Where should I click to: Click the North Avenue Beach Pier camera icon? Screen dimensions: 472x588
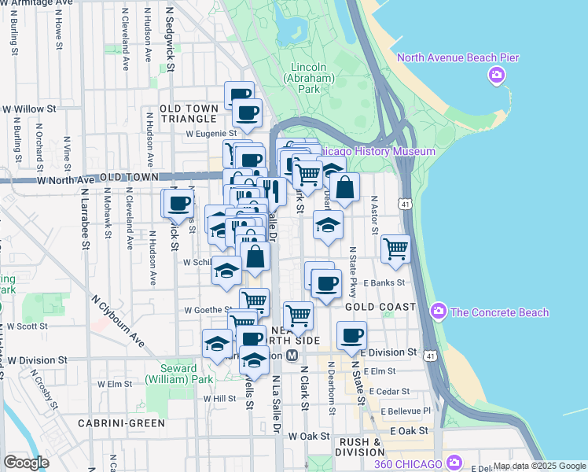[496, 76]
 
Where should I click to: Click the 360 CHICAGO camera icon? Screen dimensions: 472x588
[454, 462]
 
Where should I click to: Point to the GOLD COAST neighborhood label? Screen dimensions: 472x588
[380, 306]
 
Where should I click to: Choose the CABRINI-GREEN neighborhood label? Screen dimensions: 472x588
[121, 423]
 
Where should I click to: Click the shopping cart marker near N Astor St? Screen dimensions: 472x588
[396, 249]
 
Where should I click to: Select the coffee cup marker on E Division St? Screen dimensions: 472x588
[351, 336]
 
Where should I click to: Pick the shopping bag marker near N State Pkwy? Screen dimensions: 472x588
[344, 187]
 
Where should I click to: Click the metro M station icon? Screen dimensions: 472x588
[292, 356]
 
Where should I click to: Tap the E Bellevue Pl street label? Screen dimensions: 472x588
[405, 411]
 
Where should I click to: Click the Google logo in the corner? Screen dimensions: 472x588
[27, 462]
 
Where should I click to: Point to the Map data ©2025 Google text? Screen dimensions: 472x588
[538, 466]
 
